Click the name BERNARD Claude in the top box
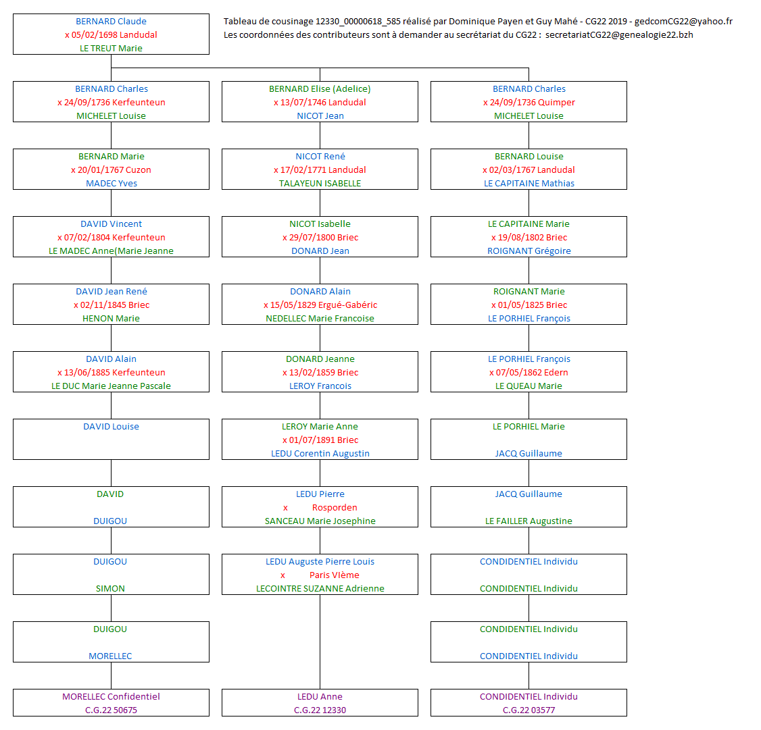[x=111, y=22]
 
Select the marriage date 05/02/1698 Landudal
[x=114, y=35]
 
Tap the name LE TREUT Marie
[x=111, y=49]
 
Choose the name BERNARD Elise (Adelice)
[x=320, y=89]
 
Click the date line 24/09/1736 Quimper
[x=532, y=103]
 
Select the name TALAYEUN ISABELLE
[x=320, y=184]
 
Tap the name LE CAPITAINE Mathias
[x=529, y=184]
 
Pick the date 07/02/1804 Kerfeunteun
[x=114, y=238]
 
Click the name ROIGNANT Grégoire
[x=529, y=251]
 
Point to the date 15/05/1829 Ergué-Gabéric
[x=323, y=305]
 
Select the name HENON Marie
[x=111, y=319]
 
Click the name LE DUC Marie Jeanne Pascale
[x=111, y=386]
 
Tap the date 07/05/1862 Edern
[x=532, y=373]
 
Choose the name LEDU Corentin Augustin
[x=320, y=454]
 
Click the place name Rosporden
[x=335, y=508]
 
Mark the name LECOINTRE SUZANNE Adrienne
[x=320, y=589]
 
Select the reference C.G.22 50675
[x=111, y=710]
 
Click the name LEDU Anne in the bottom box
[x=320, y=697]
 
